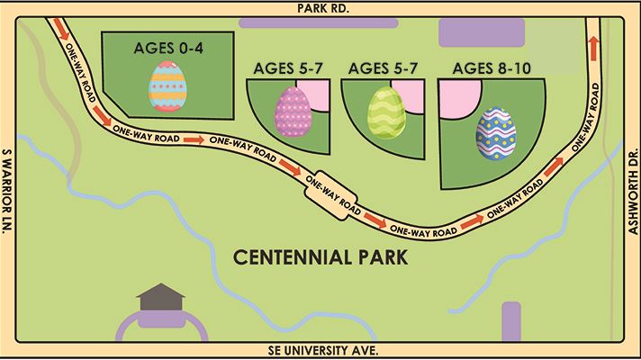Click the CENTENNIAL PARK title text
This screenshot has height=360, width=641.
[x=320, y=258]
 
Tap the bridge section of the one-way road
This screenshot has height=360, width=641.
[x=333, y=192]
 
